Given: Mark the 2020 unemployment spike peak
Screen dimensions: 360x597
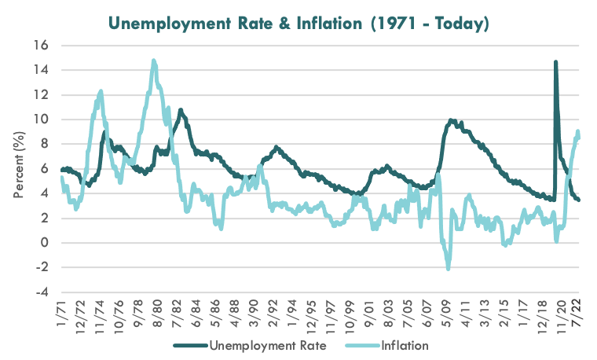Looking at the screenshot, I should tap(555, 62).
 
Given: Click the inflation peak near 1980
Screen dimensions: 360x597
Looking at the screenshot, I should tap(154, 61).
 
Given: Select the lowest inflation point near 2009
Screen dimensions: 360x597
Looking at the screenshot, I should tap(448, 270).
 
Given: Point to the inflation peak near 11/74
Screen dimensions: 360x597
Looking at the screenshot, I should tap(101, 91).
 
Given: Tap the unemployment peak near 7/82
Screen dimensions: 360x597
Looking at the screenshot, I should tap(181, 110).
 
